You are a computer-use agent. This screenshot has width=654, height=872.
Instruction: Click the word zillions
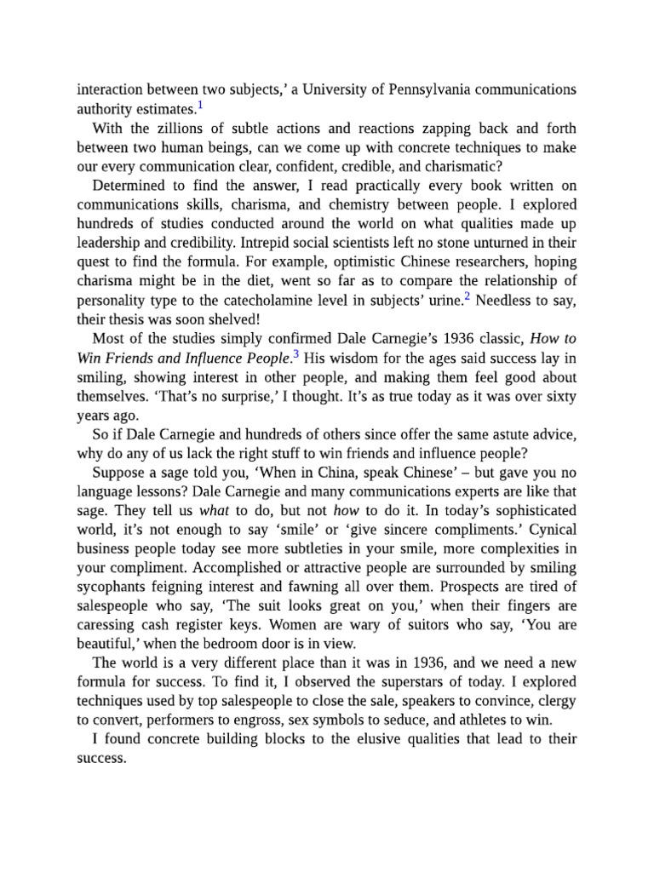[168, 129]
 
